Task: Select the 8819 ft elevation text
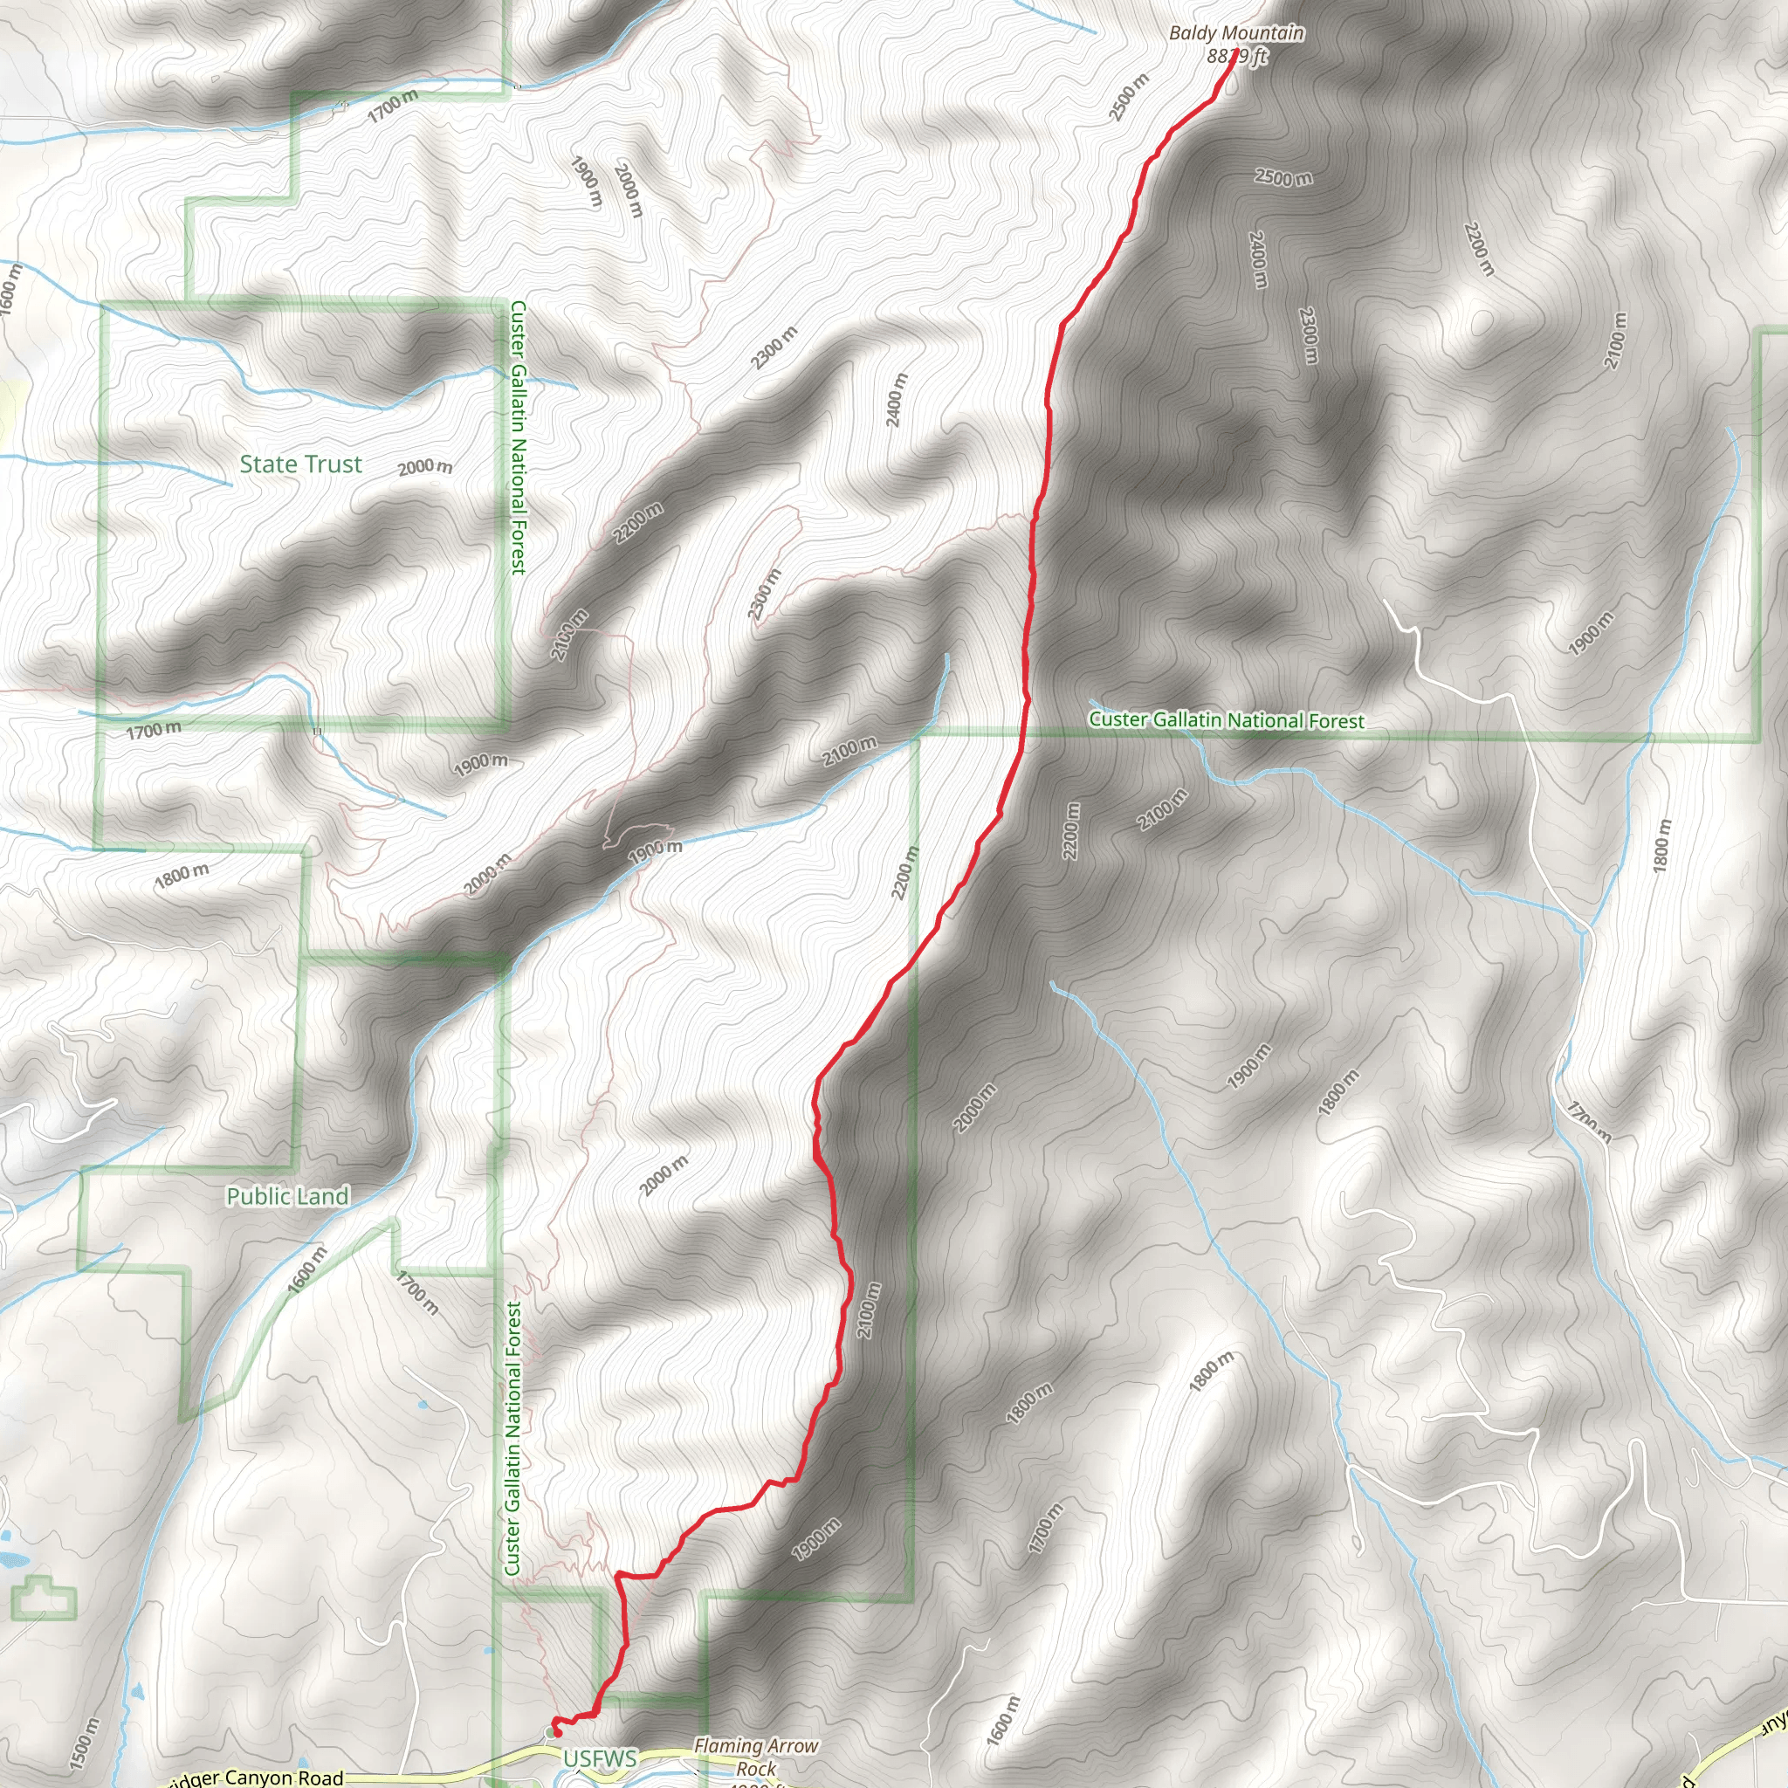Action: pos(1236,56)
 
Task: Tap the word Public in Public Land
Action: pos(257,1197)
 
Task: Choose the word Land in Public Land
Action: pos(322,1197)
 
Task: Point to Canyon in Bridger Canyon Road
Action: pos(262,1778)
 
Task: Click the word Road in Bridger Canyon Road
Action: pos(321,1778)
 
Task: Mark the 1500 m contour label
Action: pos(83,1744)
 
